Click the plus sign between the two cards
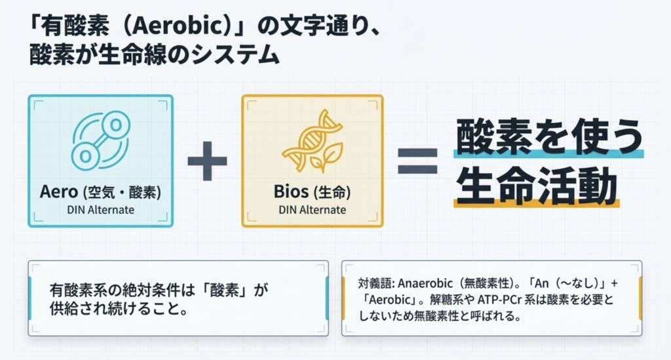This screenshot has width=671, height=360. (207, 160)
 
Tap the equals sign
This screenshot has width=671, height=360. (417, 160)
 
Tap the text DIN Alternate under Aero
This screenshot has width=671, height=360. (100, 210)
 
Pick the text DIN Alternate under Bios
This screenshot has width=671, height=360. (312, 210)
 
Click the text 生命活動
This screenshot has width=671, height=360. (537, 185)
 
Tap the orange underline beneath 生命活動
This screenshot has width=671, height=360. (537, 204)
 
